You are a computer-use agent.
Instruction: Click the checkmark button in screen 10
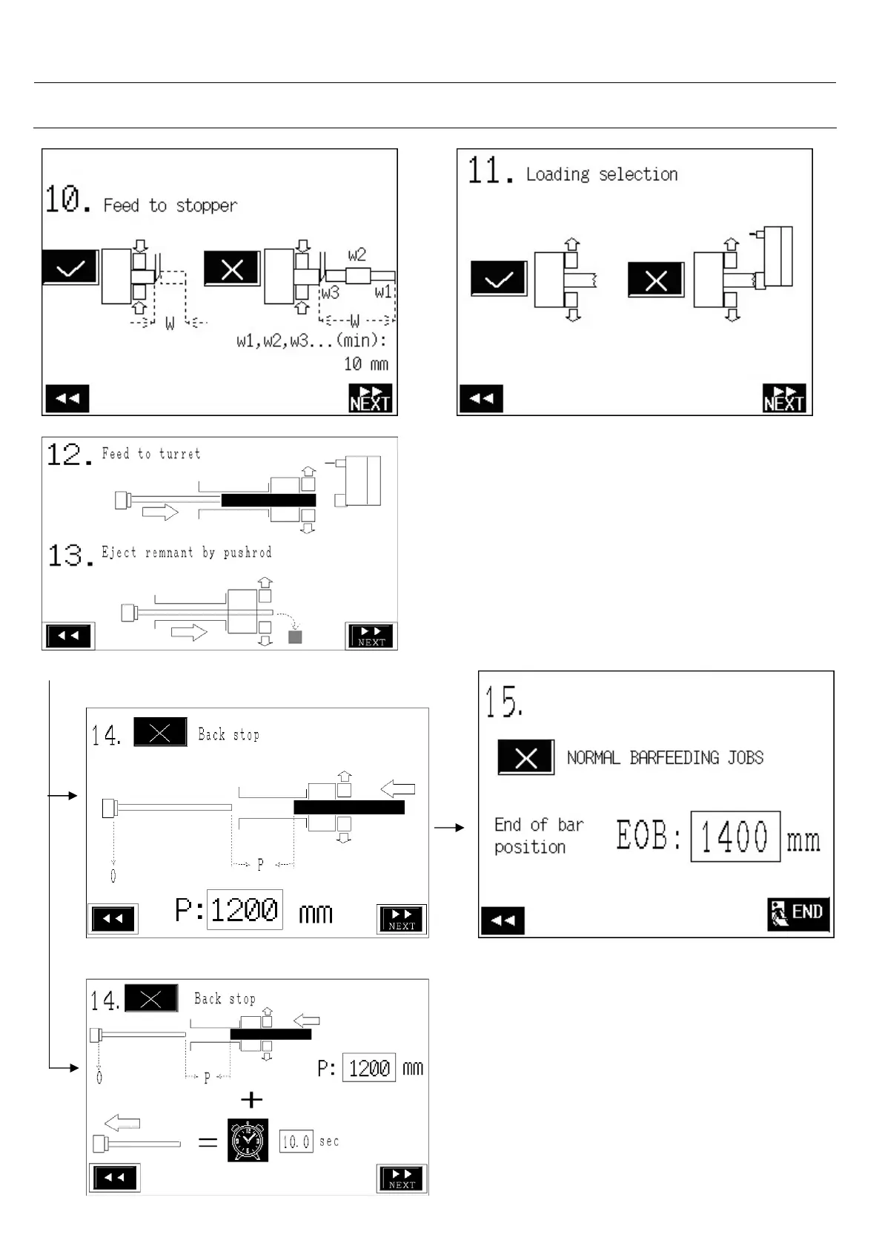click(70, 268)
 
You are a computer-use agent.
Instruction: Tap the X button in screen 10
click(232, 268)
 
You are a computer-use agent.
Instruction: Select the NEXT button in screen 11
click(784, 398)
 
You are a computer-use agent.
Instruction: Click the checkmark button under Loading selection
click(499, 280)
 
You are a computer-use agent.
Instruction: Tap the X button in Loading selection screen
click(656, 280)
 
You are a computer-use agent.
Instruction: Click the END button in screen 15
click(798, 913)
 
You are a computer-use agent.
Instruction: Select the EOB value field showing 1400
click(735, 837)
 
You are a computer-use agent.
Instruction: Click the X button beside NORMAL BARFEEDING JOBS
click(525, 757)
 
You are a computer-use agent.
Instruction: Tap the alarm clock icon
click(248, 1141)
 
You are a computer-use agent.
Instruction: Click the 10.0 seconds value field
click(296, 1141)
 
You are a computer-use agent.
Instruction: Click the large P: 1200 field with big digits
click(244, 909)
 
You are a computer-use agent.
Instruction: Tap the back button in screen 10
click(67, 398)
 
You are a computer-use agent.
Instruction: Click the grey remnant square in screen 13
click(295, 636)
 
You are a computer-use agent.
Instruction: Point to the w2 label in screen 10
click(357, 255)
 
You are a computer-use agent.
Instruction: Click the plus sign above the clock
click(252, 1099)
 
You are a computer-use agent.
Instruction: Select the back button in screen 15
click(503, 920)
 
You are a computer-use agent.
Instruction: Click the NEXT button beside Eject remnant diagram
click(371, 636)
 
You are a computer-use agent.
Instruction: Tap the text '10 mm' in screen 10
click(365, 364)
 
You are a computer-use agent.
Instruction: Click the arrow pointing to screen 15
click(449, 827)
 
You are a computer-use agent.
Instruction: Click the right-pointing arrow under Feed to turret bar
click(160, 512)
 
